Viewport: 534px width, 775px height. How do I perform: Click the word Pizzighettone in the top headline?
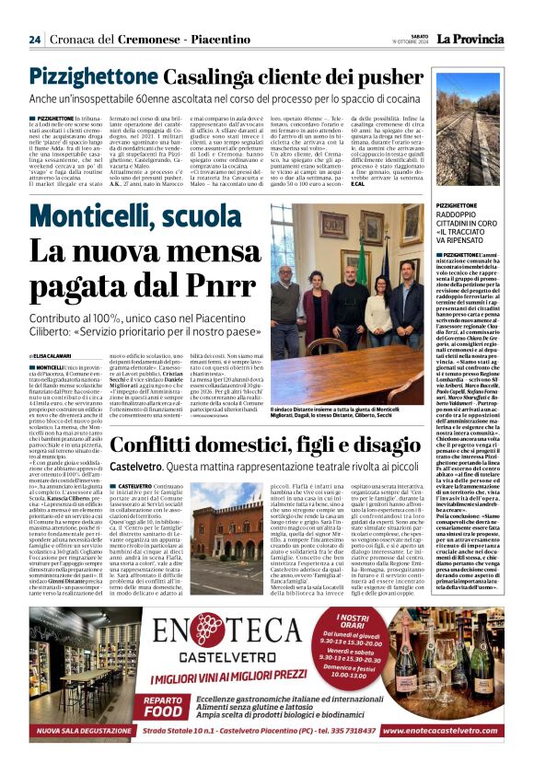pyautogui.click(x=117, y=77)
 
